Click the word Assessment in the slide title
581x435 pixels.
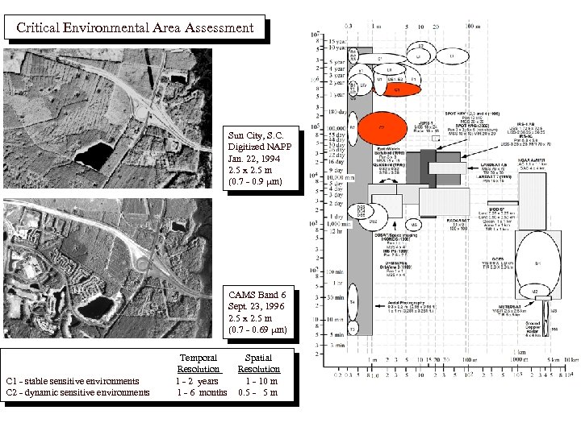[x=213, y=27]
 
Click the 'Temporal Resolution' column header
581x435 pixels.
[x=198, y=362]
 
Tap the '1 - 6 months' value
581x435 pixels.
[x=202, y=392]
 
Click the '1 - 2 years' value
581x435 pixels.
[x=198, y=380]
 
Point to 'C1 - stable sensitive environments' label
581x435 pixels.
[x=72, y=380]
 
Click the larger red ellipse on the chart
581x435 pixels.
[x=380, y=127]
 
